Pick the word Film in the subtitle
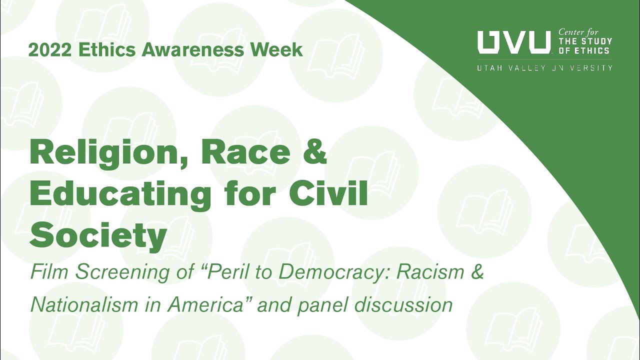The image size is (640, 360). point(48,273)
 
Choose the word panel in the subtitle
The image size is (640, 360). point(322,305)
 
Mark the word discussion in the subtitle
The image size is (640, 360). point(403,304)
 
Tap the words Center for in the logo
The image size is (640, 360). point(578,32)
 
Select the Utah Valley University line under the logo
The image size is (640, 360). point(544,67)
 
